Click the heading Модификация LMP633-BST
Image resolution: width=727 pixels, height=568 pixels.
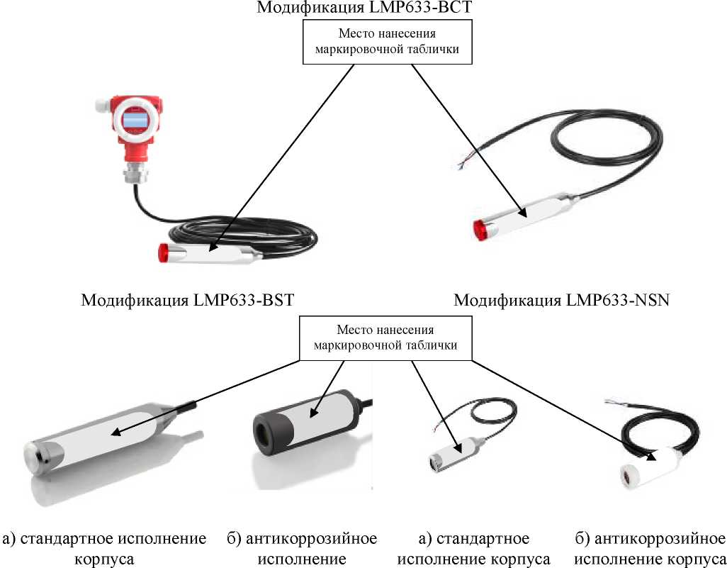[187, 300]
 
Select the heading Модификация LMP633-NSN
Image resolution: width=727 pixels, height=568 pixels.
[561, 300]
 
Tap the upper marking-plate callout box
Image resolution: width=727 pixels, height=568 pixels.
[387, 42]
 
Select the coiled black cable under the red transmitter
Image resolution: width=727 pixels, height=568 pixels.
[234, 234]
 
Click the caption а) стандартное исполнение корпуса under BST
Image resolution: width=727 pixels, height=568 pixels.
[105, 548]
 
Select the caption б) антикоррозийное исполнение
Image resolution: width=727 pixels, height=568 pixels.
[302, 548]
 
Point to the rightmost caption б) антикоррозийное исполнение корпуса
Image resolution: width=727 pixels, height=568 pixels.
[648, 548]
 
